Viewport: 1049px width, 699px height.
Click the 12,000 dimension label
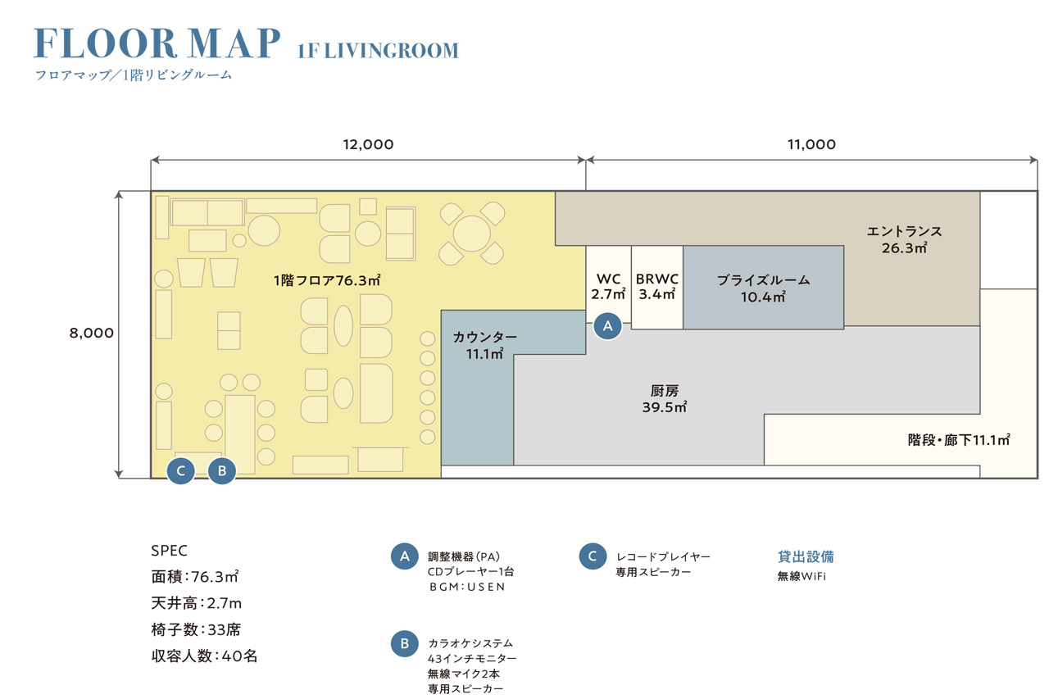pos(368,144)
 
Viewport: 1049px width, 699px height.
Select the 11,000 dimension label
pos(811,144)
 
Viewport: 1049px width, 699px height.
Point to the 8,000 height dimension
pos(91,333)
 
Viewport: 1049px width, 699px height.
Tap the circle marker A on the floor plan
pos(608,326)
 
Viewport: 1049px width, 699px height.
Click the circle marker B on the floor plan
pos(222,470)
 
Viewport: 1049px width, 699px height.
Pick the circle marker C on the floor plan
pos(181,470)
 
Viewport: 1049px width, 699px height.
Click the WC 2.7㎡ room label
pos(608,287)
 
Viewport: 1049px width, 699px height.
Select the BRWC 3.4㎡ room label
pos(657,287)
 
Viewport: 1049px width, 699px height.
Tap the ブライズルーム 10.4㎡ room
pos(763,288)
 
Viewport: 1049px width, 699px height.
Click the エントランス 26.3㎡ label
pos(904,239)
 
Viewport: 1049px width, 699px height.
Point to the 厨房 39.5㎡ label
pos(665,399)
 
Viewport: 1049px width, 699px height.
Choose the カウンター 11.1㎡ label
pos(484,345)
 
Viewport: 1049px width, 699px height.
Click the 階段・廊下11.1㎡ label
pos(959,439)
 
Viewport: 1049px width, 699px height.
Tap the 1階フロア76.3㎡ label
pos(327,280)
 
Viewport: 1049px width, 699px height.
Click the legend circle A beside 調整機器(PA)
pos(405,556)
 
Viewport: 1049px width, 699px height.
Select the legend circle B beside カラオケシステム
pos(405,644)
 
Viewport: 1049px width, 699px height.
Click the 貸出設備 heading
pos(806,556)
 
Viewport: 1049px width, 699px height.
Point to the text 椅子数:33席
pos(196,629)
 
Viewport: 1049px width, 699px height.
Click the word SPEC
pos(169,551)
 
